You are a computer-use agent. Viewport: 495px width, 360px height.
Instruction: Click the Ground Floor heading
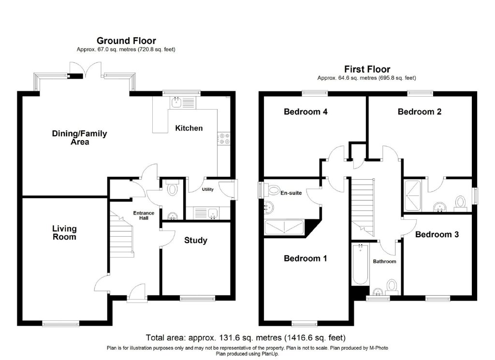coord(126,41)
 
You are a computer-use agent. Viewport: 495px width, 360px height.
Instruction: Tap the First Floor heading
coord(367,69)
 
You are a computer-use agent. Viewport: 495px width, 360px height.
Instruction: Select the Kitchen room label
coord(189,128)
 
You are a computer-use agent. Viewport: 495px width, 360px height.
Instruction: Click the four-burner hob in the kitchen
coord(224,139)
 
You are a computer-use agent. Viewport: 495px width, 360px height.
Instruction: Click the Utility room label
coord(208,189)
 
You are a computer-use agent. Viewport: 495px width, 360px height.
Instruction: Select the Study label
coord(196,241)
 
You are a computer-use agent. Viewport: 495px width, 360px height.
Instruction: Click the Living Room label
coord(64,232)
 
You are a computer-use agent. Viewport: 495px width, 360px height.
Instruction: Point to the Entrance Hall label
coord(144,215)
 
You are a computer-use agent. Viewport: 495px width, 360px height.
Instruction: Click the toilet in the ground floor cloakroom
coord(173,188)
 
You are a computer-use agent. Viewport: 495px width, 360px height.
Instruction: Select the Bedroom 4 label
coord(306,112)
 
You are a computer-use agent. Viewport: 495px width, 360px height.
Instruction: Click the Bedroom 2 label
coord(420,112)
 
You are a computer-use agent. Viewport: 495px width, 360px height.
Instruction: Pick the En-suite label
coord(291,193)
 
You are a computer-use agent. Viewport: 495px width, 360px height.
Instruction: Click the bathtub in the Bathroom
coord(360,264)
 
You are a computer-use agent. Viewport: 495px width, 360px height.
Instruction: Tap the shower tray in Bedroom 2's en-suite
coord(413,195)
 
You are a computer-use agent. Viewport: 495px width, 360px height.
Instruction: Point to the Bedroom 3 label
coord(437,234)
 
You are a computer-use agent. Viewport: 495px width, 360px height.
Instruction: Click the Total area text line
coord(246,338)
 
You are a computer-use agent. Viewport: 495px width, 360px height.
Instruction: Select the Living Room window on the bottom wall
coord(60,323)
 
